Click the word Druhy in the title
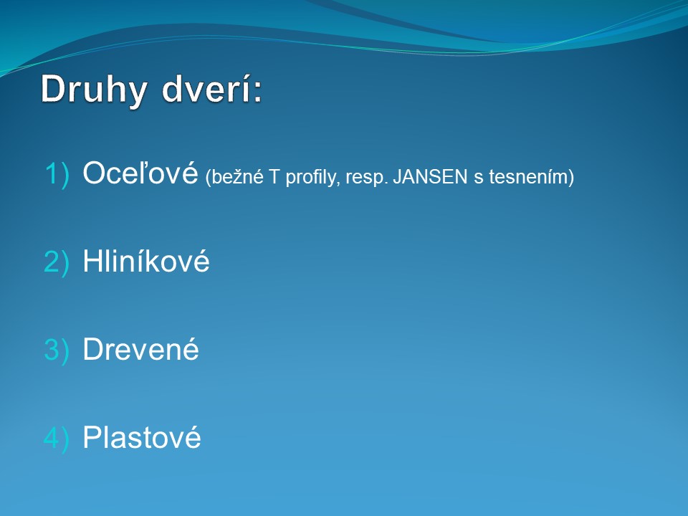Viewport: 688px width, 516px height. [x=94, y=90]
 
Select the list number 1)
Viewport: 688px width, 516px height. [x=57, y=175]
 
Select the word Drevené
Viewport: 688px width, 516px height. [x=141, y=349]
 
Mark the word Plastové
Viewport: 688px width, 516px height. [x=142, y=437]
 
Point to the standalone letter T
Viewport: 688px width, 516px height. [x=274, y=177]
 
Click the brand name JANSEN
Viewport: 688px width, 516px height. [x=430, y=177]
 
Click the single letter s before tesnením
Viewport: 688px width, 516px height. [x=478, y=178]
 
